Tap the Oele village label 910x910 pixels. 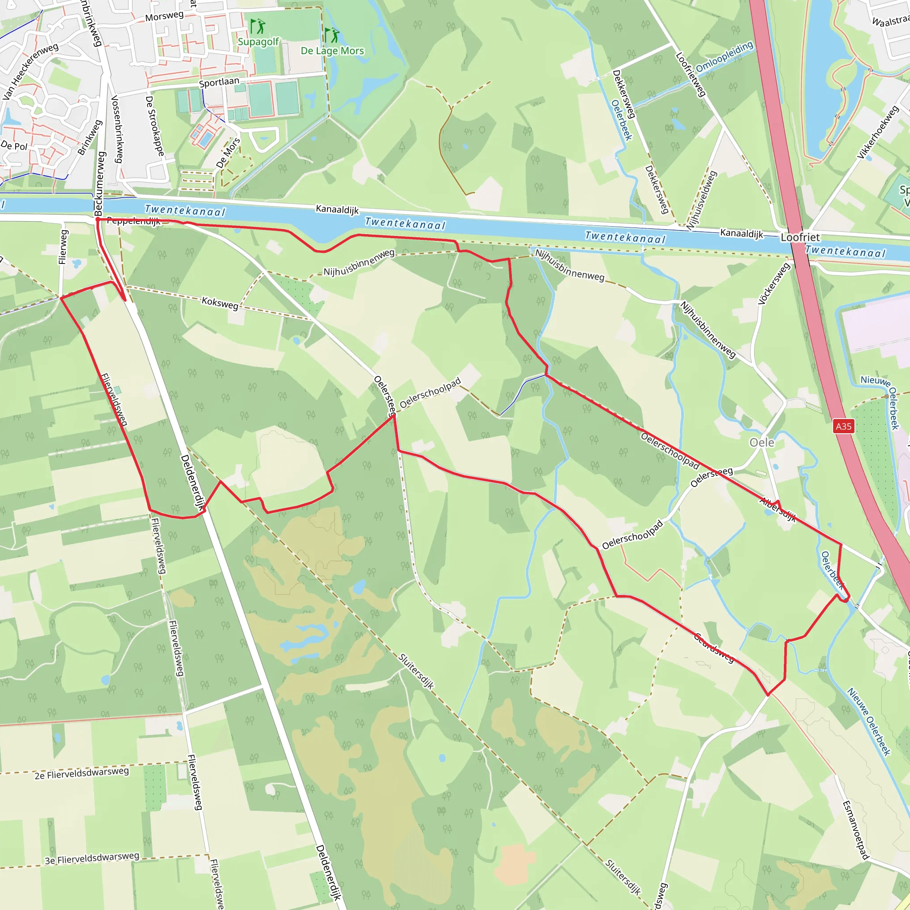click(x=762, y=443)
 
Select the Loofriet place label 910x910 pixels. click(x=800, y=237)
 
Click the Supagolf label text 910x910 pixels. click(x=258, y=42)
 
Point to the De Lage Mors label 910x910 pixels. click(x=332, y=51)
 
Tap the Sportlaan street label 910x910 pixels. click(x=219, y=83)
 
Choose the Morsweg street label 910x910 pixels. click(x=164, y=16)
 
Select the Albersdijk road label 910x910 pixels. click(x=778, y=510)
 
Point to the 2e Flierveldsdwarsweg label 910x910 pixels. click(x=81, y=773)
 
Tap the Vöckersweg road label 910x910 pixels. click(x=774, y=283)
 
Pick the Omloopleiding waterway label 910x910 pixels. click(x=724, y=57)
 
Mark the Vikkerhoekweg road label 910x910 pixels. click(x=878, y=132)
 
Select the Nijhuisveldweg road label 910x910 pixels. click(x=701, y=201)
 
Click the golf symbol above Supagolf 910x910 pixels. click(x=258, y=26)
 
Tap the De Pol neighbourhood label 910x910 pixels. click(x=14, y=146)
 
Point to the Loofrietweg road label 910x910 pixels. click(x=690, y=74)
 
